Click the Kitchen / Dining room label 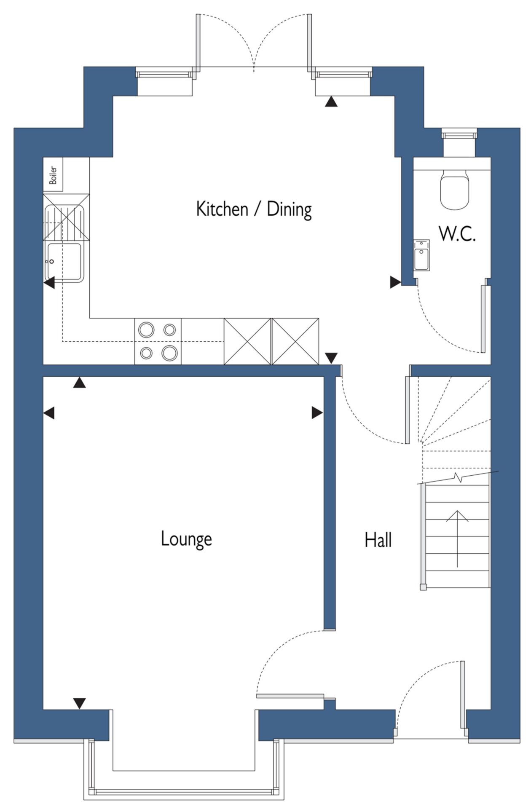click(254, 209)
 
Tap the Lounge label click(186, 539)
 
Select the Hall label click(378, 540)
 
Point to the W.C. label click(458, 234)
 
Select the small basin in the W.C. click(422, 255)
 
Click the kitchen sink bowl click(65, 262)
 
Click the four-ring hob click(158, 341)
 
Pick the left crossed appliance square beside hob click(247, 341)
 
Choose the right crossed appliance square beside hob click(295, 341)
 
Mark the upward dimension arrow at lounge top click(79, 382)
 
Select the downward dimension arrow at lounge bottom click(79, 703)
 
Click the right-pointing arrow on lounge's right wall click(317, 413)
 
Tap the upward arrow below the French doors click(332, 101)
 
